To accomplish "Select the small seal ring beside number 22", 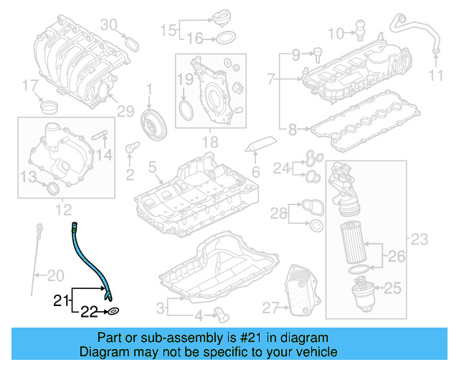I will [113, 312].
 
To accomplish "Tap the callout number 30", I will [108, 25].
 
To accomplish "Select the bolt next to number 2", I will [131, 148].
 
